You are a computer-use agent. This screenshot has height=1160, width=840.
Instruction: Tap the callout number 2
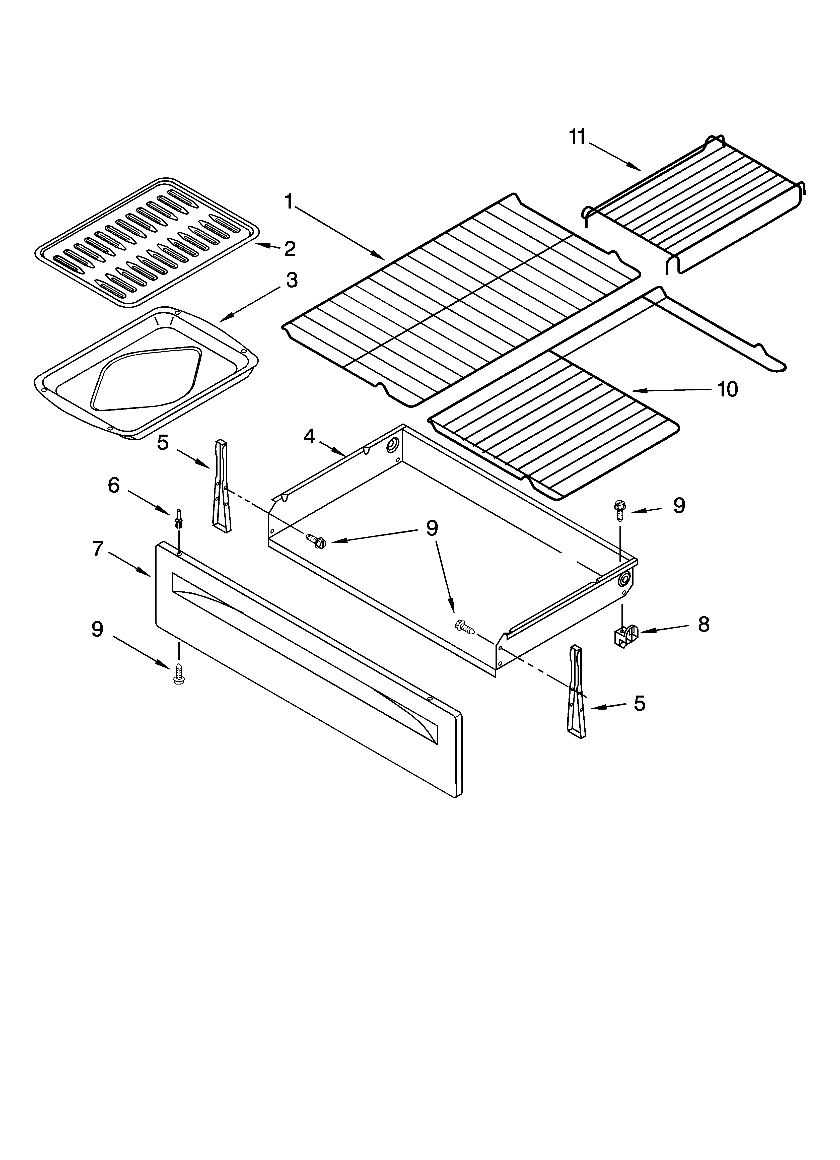(x=290, y=249)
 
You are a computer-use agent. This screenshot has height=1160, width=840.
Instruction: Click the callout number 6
(x=114, y=485)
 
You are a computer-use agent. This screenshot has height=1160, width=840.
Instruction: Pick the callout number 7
(x=98, y=549)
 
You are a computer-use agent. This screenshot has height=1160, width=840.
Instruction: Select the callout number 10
(x=727, y=389)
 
